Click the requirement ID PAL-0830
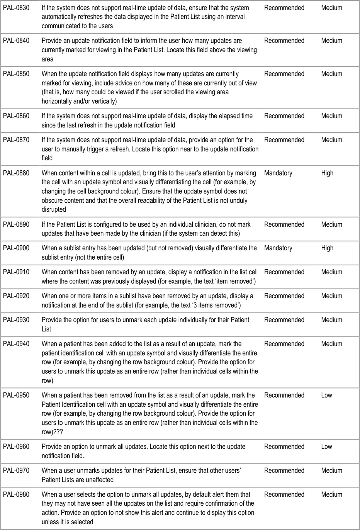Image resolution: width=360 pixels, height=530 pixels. click(x=16, y=8)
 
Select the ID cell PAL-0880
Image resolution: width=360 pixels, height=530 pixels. click(x=16, y=173)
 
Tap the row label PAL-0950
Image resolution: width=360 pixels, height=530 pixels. click(x=16, y=395)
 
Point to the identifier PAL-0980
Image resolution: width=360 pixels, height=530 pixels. click(x=16, y=494)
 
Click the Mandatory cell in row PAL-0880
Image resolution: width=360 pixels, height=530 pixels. click(x=278, y=173)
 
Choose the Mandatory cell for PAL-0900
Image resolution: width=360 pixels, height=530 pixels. click(x=278, y=248)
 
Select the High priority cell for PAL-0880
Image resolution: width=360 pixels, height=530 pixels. click(x=327, y=173)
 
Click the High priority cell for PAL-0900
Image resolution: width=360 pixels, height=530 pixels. click(x=327, y=248)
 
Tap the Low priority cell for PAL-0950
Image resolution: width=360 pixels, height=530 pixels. click(x=326, y=395)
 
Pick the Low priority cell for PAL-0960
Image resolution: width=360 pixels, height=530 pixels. click(x=326, y=447)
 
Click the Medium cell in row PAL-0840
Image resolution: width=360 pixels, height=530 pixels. click(x=331, y=41)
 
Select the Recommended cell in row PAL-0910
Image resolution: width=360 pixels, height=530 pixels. click(x=284, y=272)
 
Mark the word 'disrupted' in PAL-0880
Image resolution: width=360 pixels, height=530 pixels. click(x=54, y=209)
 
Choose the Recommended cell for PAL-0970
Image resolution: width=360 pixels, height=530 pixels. click(x=284, y=471)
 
